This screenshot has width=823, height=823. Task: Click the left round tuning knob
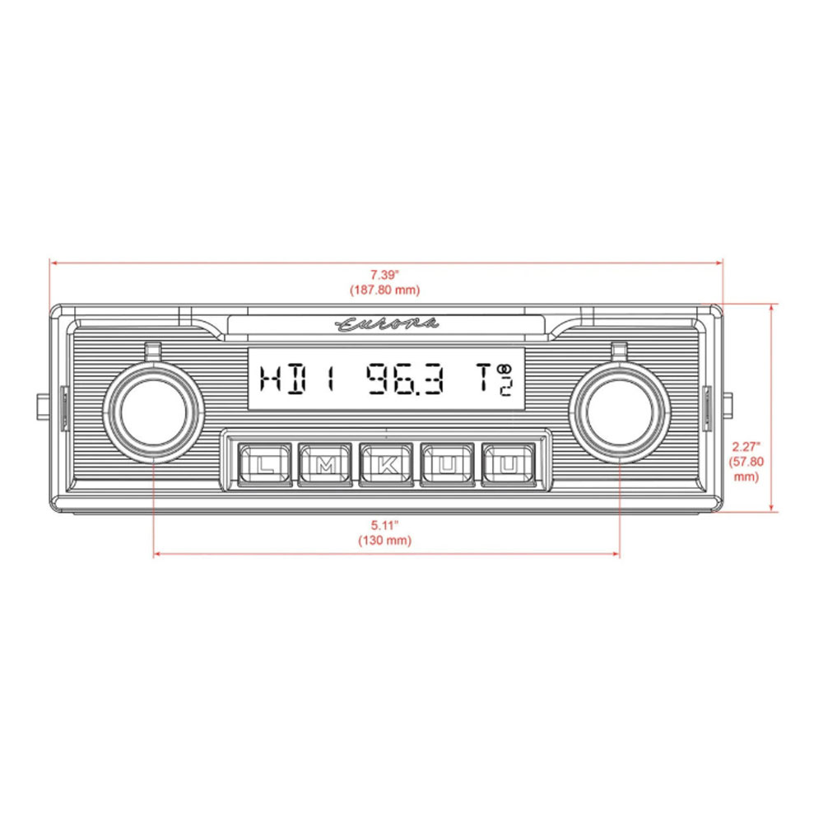(x=153, y=412)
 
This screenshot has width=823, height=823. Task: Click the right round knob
(x=620, y=412)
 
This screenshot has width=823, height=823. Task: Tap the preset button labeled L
(x=264, y=465)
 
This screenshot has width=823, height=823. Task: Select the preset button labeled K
(x=387, y=465)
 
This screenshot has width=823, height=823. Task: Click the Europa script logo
(x=387, y=324)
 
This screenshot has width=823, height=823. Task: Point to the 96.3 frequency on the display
(x=405, y=379)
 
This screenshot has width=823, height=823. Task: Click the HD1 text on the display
(x=298, y=379)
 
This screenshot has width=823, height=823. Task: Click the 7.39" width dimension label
(x=385, y=275)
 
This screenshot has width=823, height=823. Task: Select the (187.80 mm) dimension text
(x=385, y=290)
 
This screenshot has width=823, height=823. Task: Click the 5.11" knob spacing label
(x=385, y=525)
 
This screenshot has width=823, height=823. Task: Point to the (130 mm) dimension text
(x=385, y=540)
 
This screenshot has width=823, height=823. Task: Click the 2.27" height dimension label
(x=746, y=447)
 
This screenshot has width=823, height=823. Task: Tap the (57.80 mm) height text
(x=746, y=469)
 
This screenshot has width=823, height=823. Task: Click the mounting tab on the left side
(x=43, y=407)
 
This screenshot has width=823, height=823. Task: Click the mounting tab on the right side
(x=729, y=407)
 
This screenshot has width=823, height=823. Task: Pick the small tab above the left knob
(x=153, y=350)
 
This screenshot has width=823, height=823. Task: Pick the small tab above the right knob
(x=620, y=350)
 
